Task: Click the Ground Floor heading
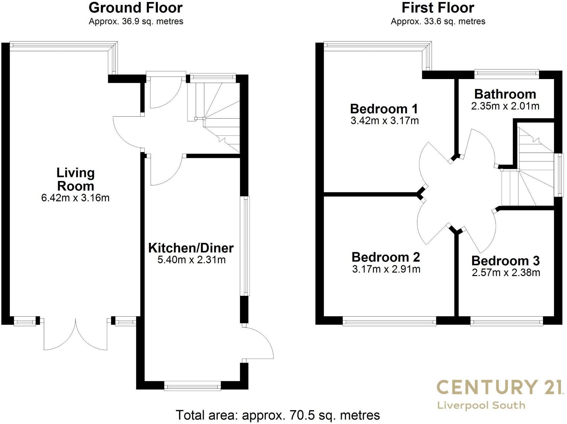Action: [135, 8]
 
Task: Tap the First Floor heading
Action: [438, 8]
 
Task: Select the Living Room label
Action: [75, 179]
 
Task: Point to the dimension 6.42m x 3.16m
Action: [75, 198]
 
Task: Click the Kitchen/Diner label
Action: [191, 248]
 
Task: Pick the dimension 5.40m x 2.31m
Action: [191, 260]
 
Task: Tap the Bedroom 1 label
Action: [384, 109]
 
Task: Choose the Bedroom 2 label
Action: [386, 257]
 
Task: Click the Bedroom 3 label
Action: [505, 261]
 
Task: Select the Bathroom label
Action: [505, 94]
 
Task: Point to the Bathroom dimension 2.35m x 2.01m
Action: [505, 106]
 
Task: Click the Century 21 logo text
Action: [499, 387]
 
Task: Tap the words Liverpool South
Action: [481, 405]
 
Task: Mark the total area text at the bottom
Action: [278, 415]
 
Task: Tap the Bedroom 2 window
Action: [389, 321]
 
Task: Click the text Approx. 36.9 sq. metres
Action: [136, 22]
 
